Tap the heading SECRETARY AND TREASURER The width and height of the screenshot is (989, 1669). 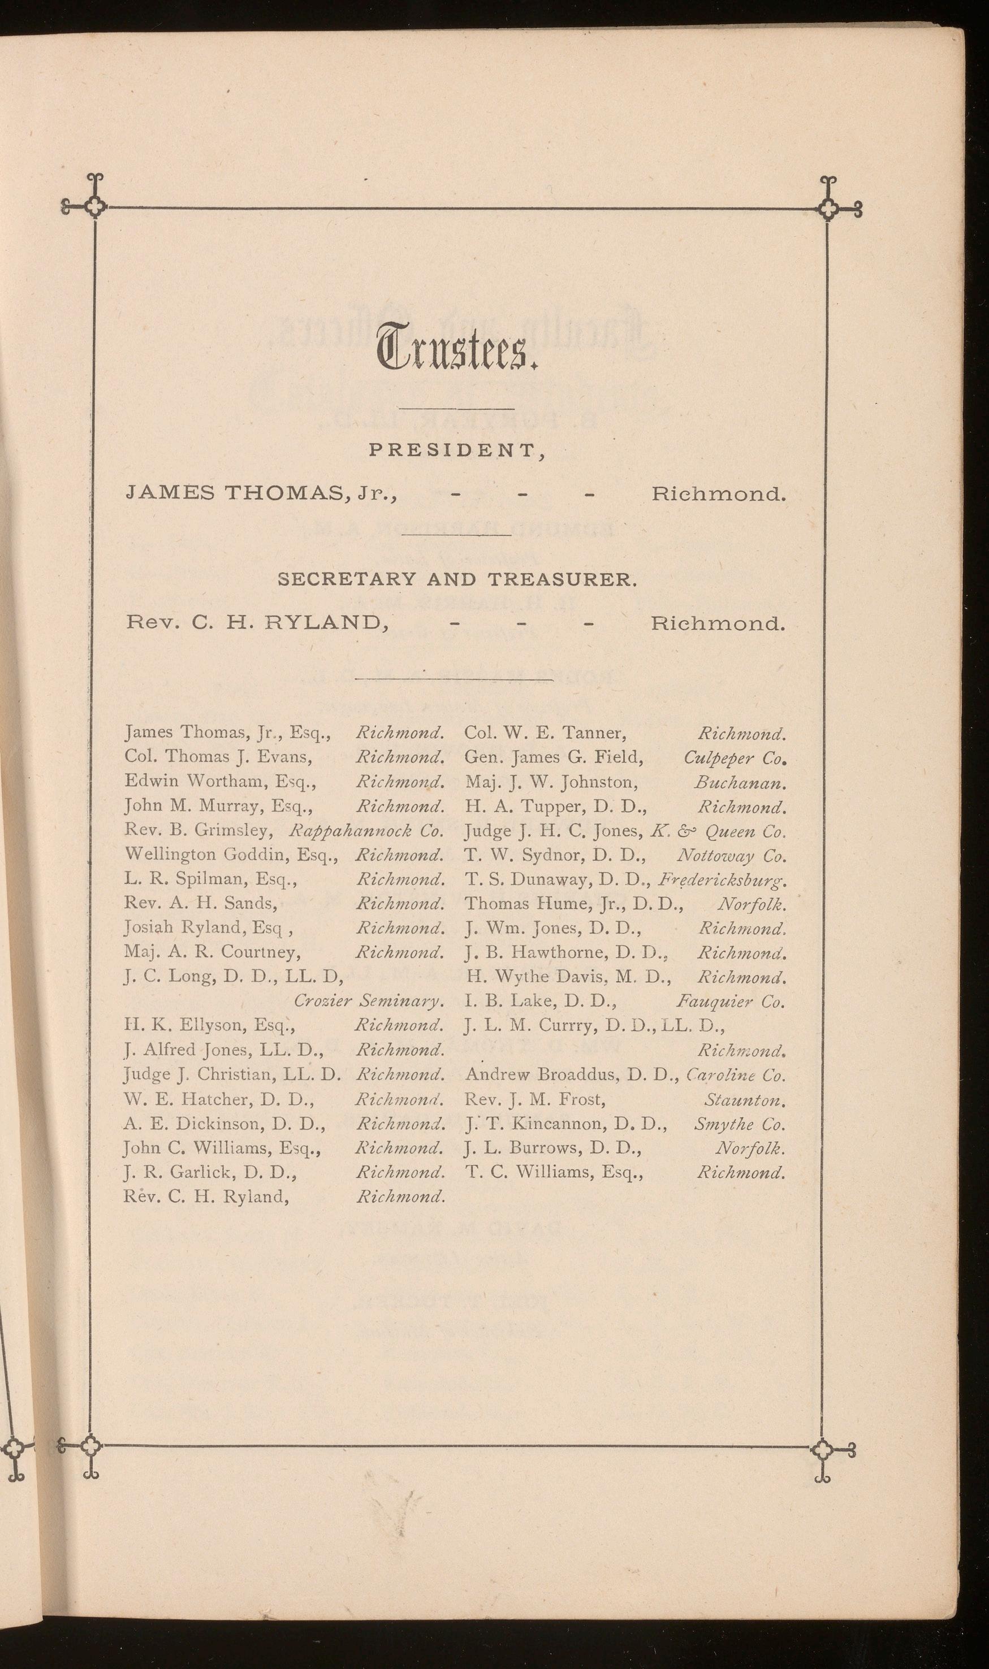click(x=457, y=579)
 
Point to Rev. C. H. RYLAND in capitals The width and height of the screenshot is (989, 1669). click(x=257, y=623)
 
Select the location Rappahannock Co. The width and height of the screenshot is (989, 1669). click(x=366, y=831)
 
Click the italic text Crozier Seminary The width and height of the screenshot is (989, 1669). click(x=369, y=1001)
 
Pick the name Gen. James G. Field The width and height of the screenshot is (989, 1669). click(x=554, y=758)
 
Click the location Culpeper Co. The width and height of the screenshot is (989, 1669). click(x=735, y=758)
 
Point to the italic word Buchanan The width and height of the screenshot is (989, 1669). click(x=740, y=783)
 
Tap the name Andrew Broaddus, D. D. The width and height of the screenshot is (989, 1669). click(x=571, y=1075)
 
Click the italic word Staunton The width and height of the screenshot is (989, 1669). click(x=744, y=1099)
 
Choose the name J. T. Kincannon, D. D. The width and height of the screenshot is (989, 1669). click(x=566, y=1124)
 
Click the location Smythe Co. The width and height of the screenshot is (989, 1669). click(x=739, y=1124)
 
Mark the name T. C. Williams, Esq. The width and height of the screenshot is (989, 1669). click(x=554, y=1173)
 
